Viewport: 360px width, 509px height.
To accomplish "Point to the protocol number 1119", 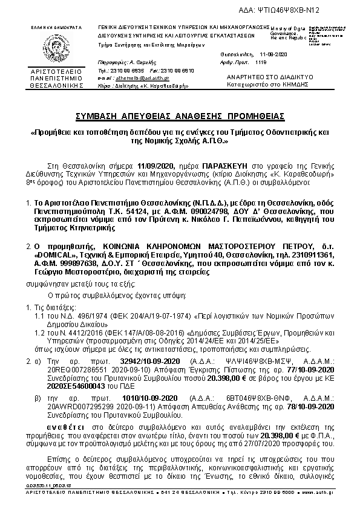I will [x=261, y=62].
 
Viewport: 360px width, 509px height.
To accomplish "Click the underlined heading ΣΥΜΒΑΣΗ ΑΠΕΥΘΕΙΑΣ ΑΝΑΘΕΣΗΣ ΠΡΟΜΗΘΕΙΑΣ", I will [x=179, y=115].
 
